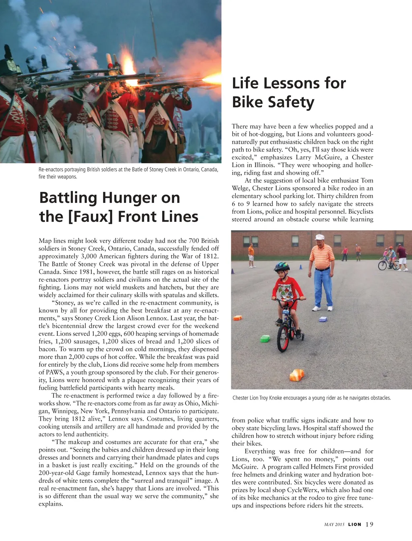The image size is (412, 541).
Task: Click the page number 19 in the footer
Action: [x=370, y=524]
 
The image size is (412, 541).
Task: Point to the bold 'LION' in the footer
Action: [x=355, y=524]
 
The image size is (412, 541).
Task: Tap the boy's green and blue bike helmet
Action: [x=282, y=266]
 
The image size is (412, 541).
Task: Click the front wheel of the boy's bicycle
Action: [x=283, y=337]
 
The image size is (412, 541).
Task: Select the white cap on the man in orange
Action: [x=320, y=237]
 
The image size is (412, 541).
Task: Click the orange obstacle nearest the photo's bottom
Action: [x=296, y=375]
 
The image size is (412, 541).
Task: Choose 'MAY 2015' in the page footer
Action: [x=334, y=524]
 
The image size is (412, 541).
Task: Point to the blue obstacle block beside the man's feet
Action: [x=323, y=319]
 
